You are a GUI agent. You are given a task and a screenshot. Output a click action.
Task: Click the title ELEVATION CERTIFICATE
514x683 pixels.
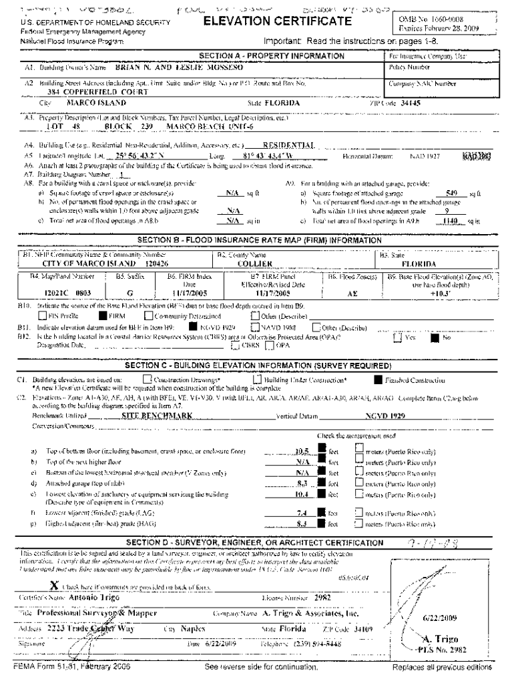[x=276, y=21]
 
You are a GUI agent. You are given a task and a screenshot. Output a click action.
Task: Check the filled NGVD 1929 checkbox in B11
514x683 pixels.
[x=192, y=327]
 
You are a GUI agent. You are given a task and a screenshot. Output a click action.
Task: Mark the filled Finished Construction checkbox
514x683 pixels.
[x=378, y=380]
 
